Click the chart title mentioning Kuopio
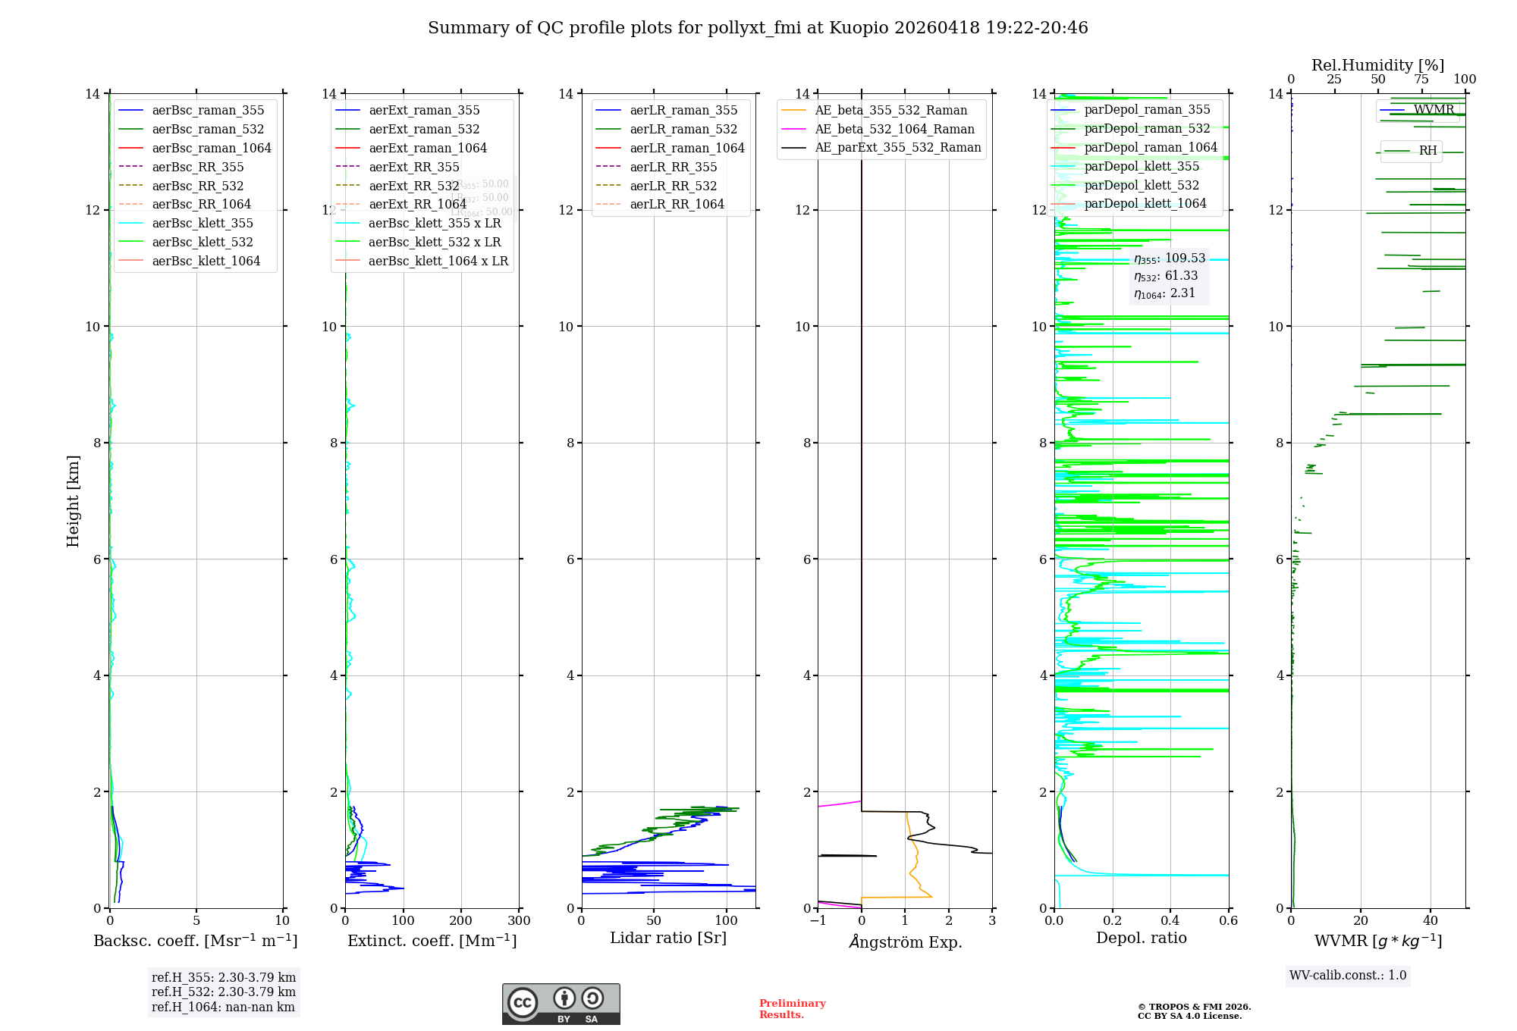758,28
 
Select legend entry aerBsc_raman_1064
211,148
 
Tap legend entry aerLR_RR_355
673,167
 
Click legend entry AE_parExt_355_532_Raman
897,147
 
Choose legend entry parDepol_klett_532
1142,185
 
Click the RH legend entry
1427,150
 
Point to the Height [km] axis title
73,500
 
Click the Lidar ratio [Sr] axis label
667,938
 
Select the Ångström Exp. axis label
905,942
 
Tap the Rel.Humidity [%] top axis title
1377,65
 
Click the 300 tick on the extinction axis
519,920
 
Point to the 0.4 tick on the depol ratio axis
1170,920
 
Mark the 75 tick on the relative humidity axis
1421,79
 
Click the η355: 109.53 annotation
1169,259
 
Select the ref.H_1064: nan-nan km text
223,1007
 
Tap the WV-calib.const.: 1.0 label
1347,975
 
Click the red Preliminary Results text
792,1008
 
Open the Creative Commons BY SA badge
561,1004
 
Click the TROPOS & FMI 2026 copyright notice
1194,1011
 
